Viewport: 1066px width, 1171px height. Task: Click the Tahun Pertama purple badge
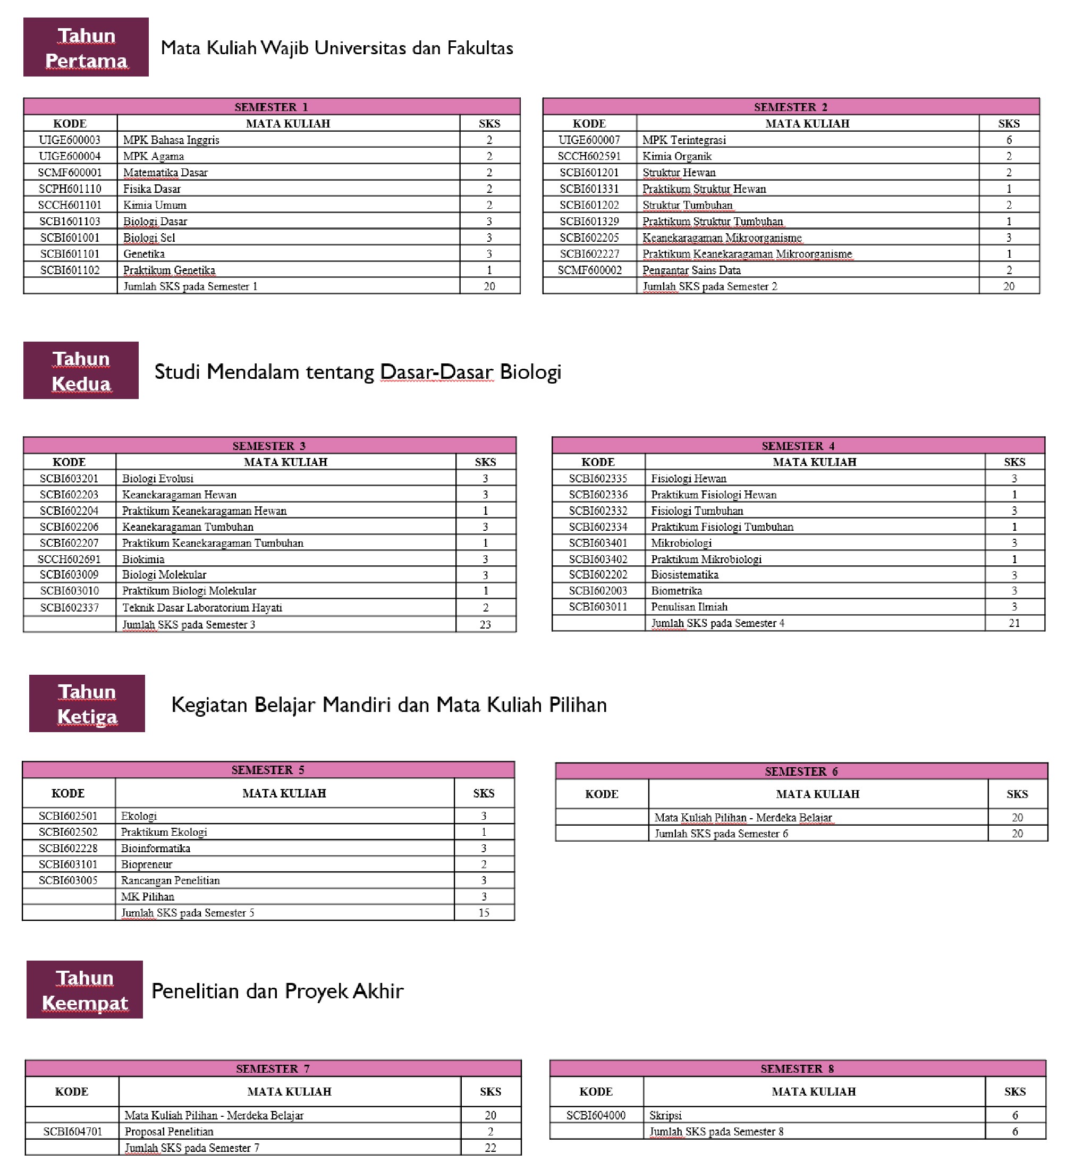coord(86,47)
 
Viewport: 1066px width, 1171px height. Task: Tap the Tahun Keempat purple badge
coord(85,990)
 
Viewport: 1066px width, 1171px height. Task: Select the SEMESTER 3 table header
coord(269,446)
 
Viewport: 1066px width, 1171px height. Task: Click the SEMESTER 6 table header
coord(801,771)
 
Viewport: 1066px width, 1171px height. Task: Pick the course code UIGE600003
coord(70,140)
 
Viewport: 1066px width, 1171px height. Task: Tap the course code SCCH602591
coord(589,156)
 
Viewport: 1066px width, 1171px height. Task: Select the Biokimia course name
coord(143,559)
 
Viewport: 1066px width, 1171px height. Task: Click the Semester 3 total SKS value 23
coord(485,624)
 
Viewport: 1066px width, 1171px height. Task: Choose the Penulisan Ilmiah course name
coord(689,606)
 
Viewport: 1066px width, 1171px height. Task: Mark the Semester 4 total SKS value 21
coord(1014,623)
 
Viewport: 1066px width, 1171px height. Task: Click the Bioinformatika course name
coord(155,848)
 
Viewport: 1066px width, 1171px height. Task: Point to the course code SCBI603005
coord(68,880)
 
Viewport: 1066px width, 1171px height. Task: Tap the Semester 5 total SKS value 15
coord(484,913)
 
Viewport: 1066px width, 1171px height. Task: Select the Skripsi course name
coord(665,1115)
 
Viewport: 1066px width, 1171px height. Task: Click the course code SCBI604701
coord(73,1132)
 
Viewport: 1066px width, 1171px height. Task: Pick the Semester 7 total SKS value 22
coord(490,1148)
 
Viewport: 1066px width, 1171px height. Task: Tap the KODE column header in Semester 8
coord(596,1091)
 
